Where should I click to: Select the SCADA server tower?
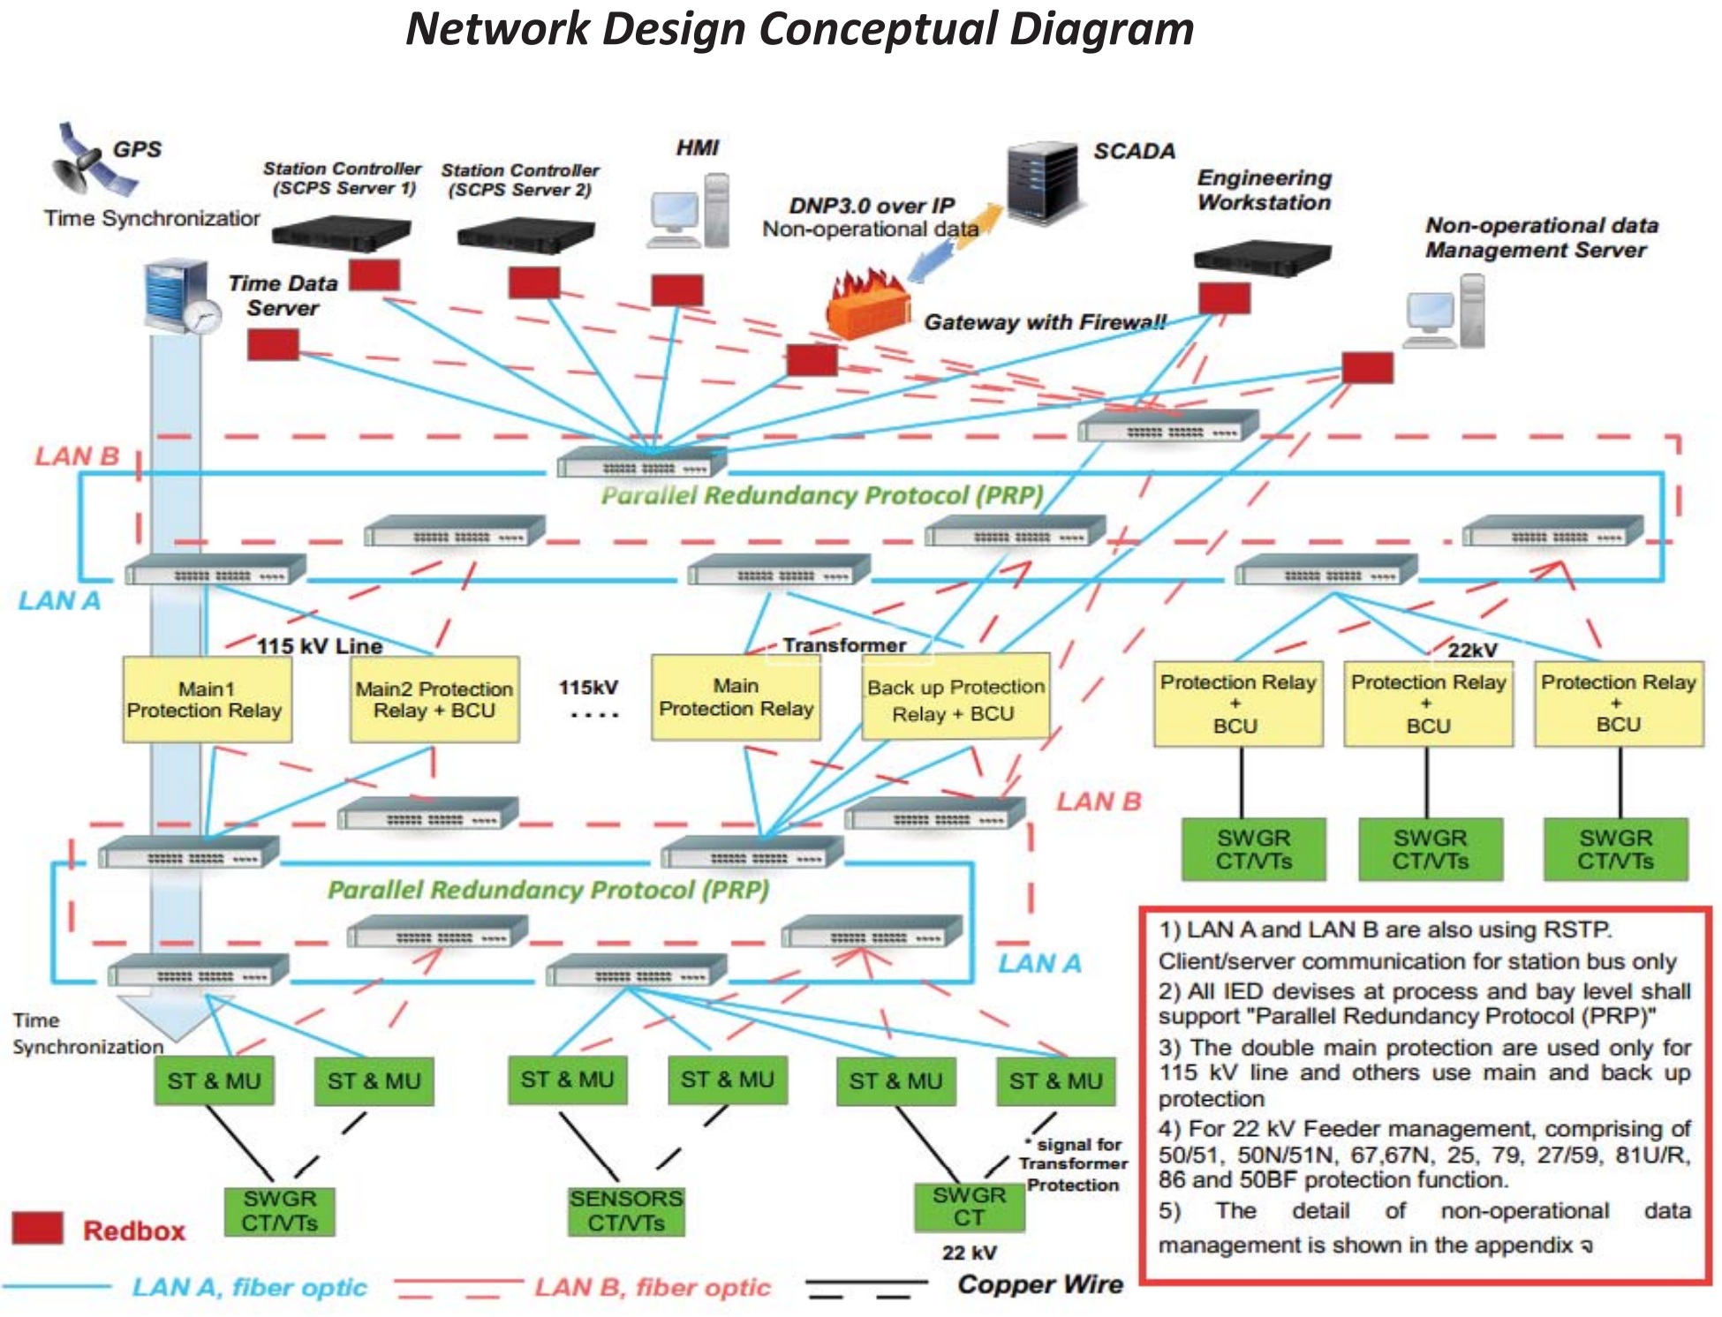point(1044,185)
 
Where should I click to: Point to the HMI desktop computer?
point(689,212)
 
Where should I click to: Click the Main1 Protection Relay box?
point(207,699)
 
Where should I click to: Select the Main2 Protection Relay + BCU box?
point(434,699)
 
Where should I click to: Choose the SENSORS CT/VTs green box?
point(626,1210)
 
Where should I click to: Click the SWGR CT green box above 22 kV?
point(969,1206)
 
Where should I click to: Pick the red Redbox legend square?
point(38,1228)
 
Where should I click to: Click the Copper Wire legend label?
point(1040,1284)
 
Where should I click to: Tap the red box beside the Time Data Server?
point(273,344)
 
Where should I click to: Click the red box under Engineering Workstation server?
point(1224,298)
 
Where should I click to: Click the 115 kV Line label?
point(320,646)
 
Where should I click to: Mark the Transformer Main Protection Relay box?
point(736,697)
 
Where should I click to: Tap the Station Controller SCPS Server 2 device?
point(525,235)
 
